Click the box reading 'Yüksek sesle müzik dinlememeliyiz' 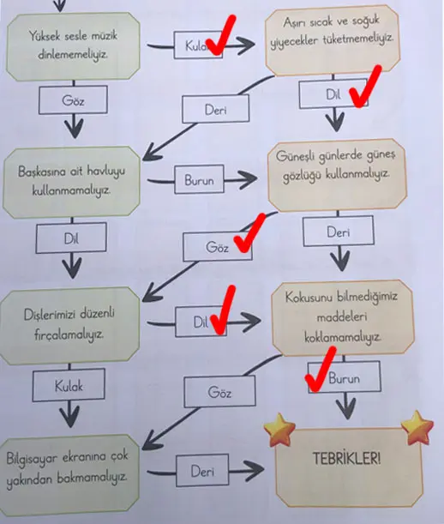click(74, 48)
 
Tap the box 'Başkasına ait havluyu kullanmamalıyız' click(74, 181)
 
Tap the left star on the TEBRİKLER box click(279, 429)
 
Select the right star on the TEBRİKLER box click(417, 425)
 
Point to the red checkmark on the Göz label click(246, 237)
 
